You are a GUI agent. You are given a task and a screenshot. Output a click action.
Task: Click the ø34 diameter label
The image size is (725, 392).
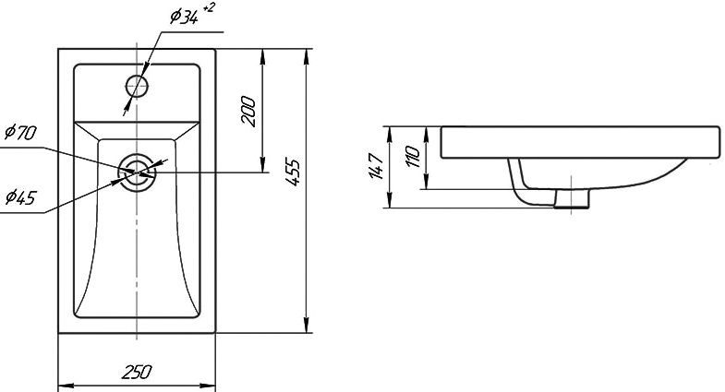click(x=184, y=18)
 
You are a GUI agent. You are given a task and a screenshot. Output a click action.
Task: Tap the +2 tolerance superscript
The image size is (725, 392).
click(x=209, y=7)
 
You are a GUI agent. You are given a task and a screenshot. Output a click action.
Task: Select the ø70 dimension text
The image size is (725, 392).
click(x=20, y=133)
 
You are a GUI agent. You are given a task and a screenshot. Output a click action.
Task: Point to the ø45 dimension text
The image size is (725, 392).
click(x=20, y=197)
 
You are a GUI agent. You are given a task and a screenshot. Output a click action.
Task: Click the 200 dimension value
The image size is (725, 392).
click(x=248, y=111)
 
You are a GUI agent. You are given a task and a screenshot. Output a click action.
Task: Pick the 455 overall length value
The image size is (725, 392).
click(x=293, y=172)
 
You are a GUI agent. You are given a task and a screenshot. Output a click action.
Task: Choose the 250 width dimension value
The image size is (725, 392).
click(x=137, y=372)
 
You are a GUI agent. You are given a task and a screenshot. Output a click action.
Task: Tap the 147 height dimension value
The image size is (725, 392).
click(x=376, y=166)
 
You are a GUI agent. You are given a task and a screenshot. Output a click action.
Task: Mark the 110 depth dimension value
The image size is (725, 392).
click(x=412, y=157)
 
